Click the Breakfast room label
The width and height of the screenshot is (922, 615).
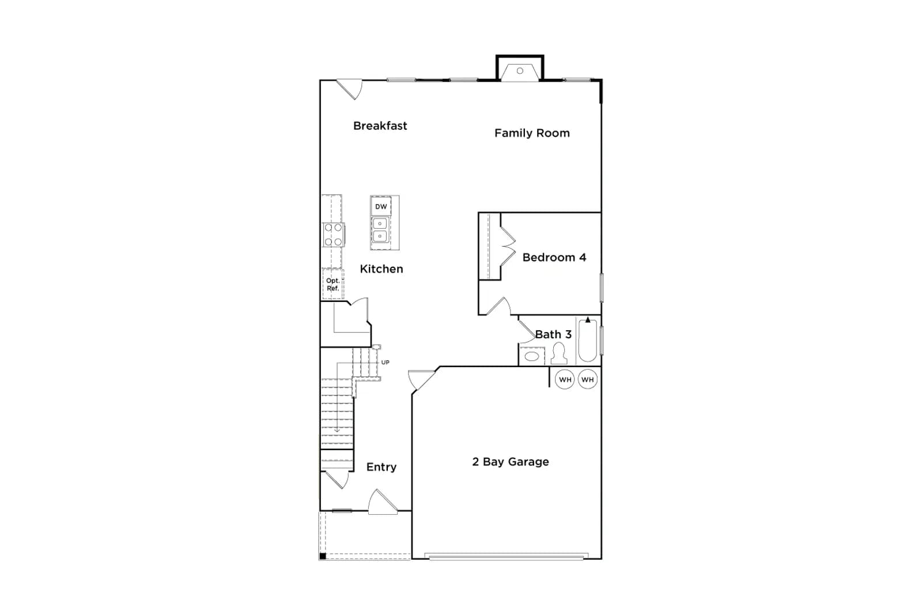pos(380,126)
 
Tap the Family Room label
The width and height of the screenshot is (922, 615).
pos(532,133)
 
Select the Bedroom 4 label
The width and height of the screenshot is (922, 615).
pos(554,257)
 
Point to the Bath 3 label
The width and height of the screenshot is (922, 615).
pos(553,334)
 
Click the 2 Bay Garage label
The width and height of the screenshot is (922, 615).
pos(511,462)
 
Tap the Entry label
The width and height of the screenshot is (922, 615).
pos(381,467)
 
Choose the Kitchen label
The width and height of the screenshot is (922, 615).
pos(381,269)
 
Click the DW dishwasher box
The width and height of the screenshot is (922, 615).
pos(381,206)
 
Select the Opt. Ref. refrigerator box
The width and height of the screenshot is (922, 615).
pos(332,284)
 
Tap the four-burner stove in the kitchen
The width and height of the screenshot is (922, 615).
pos(334,235)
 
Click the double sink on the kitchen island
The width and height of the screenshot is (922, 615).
pos(380,230)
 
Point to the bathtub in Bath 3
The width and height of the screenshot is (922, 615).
pos(587,341)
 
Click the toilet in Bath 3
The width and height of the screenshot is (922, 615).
pos(558,353)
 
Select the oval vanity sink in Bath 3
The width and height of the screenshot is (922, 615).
pos(531,356)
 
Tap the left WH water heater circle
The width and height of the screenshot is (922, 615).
pos(565,379)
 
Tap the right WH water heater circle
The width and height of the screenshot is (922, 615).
pos(587,379)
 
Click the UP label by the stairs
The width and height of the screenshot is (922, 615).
pos(386,362)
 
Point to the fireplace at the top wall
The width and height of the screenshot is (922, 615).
pos(520,69)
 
